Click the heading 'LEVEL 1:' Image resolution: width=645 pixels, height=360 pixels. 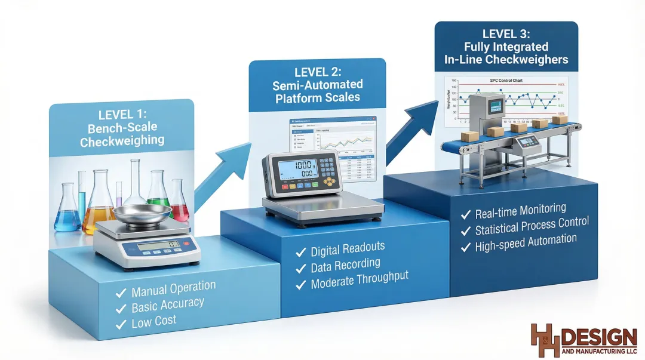point(121,114)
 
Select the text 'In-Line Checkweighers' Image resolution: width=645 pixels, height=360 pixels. point(506,60)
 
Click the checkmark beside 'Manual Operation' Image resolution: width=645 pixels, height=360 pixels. point(121,293)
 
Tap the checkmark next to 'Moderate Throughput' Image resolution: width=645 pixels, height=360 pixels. point(301,283)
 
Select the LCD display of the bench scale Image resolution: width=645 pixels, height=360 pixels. point(158,245)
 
